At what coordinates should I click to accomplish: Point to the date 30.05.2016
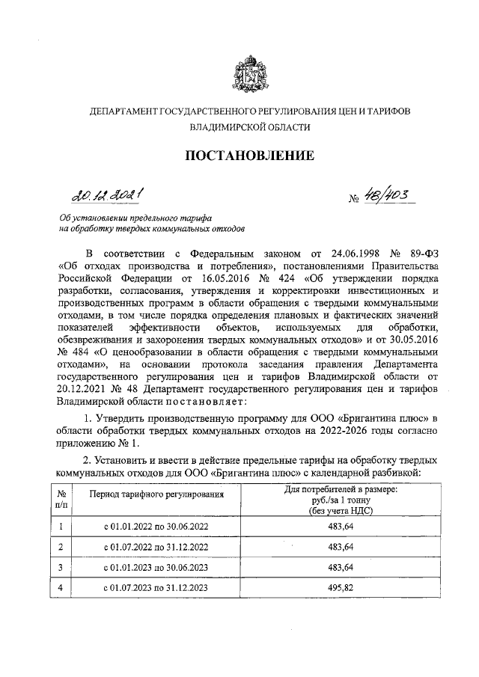(x=410, y=353)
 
